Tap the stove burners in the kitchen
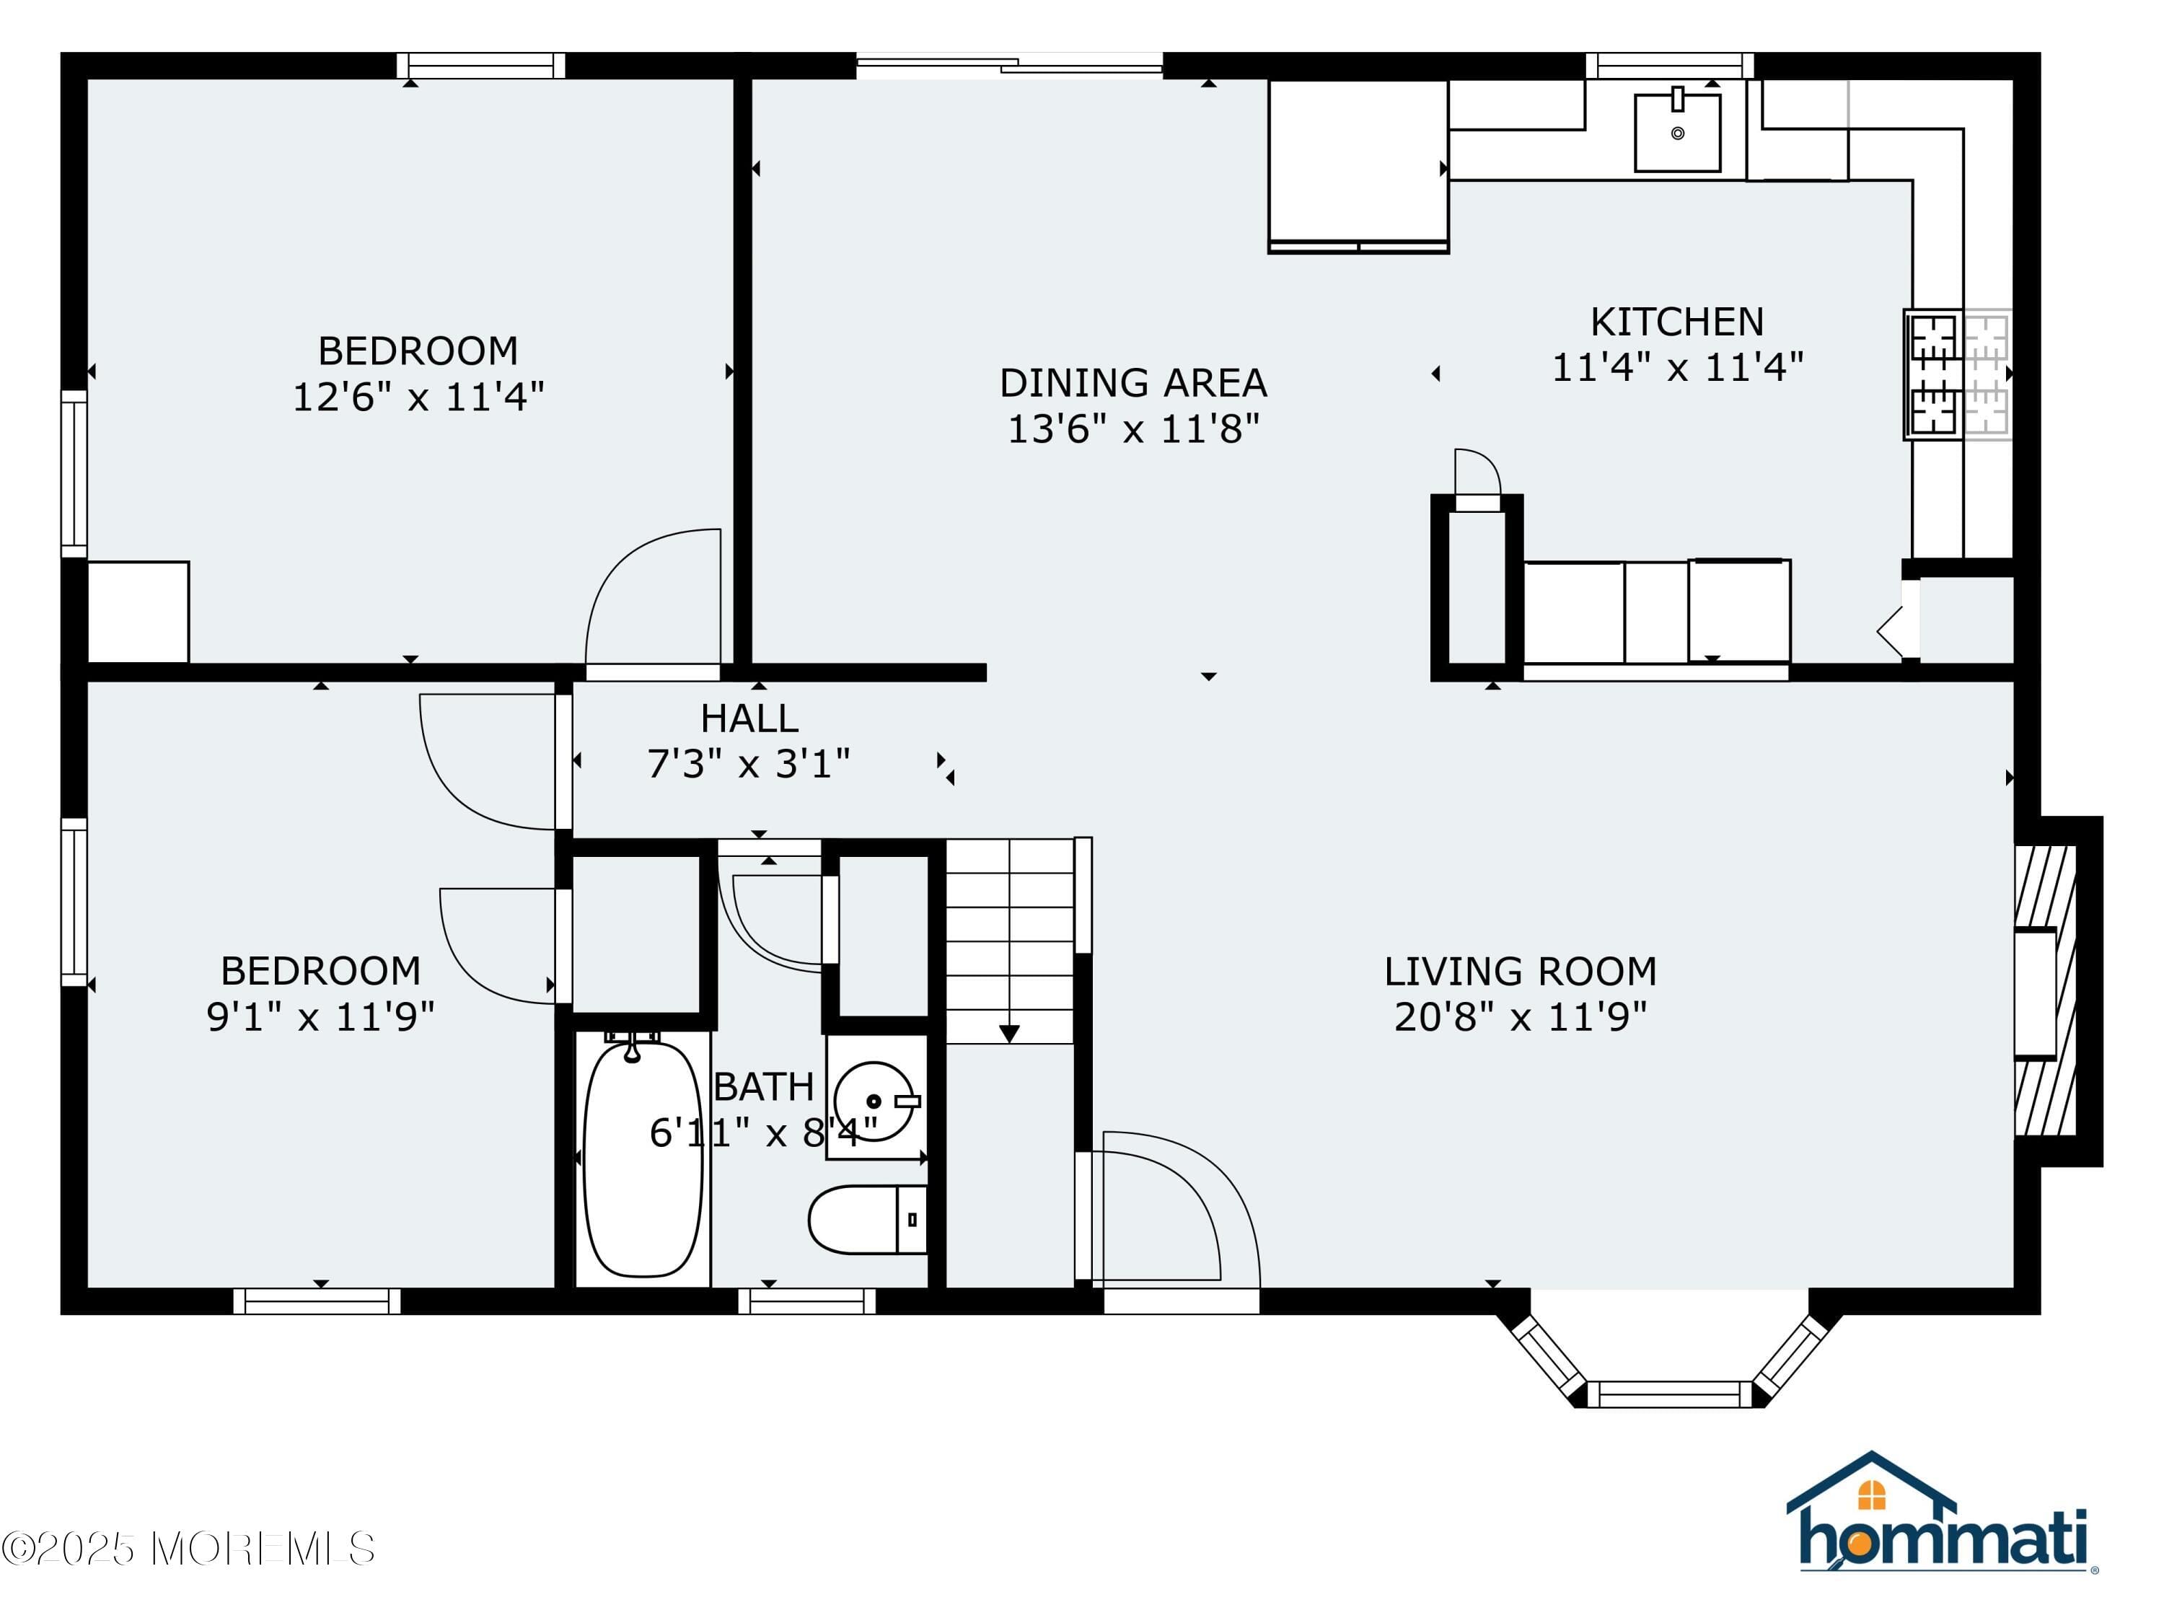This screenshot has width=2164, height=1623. (x=1934, y=374)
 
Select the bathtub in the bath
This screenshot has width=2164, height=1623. (x=643, y=1159)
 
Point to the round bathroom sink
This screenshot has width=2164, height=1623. (x=874, y=1101)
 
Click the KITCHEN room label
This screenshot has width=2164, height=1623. (x=1677, y=322)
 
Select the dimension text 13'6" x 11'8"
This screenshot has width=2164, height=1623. (x=1133, y=429)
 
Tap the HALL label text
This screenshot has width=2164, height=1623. (x=749, y=719)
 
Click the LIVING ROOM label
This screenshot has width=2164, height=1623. (x=1521, y=972)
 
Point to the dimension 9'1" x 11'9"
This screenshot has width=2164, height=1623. (x=320, y=1017)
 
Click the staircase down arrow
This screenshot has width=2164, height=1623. (x=1010, y=1033)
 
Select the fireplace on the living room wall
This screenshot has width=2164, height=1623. (x=2045, y=992)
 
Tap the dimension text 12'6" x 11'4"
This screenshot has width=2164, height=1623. (x=418, y=397)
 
